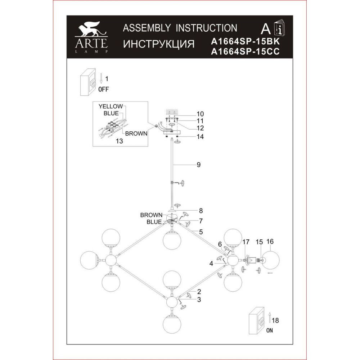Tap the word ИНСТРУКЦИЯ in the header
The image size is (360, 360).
click(x=159, y=44)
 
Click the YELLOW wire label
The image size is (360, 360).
click(x=111, y=106)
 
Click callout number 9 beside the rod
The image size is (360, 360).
click(x=198, y=165)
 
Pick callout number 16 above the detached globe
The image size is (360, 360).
click(x=270, y=242)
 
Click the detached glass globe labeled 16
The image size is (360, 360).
click(x=270, y=260)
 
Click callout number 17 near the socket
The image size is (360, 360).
click(x=246, y=242)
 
